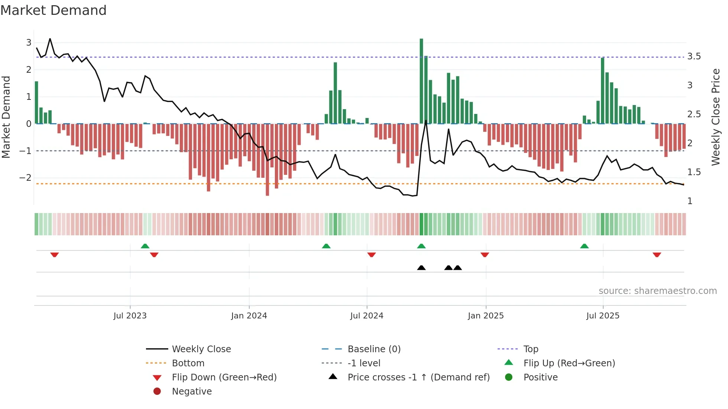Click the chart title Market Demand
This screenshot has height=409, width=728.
(x=53, y=10)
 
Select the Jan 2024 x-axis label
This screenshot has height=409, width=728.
(x=249, y=316)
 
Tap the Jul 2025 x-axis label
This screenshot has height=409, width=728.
(x=602, y=316)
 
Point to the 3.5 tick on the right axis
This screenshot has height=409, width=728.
(x=694, y=56)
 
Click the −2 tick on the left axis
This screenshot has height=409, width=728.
(x=25, y=178)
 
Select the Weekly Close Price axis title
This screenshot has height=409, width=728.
(x=715, y=117)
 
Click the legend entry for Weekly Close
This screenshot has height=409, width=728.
(x=201, y=349)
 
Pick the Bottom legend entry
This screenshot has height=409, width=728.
(x=188, y=363)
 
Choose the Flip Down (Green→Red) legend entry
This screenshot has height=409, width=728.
(x=224, y=377)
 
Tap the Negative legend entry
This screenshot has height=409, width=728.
(x=192, y=392)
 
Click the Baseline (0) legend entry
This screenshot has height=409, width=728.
(x=374, y=349)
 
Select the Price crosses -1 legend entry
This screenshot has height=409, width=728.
(x=418, y=377)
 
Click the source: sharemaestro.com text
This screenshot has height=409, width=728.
(x=657, y=291)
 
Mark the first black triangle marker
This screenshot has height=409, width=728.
(x=421, y=268)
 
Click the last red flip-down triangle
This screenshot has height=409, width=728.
(x=657, y=255)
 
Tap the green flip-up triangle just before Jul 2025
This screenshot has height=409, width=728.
(x=584, y=246)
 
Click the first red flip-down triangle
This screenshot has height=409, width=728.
(x=55, y=255)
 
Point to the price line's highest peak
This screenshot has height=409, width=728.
(x=50, y=39)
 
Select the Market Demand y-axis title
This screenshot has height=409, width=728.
(x=6, y=117)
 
